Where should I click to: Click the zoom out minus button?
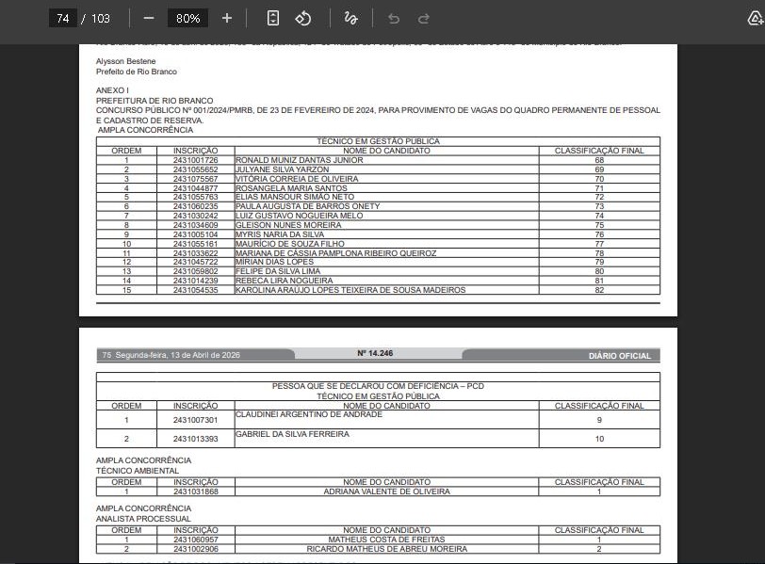[149, 18]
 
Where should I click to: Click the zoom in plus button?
[227, 18]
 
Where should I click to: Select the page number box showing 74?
[63, 18]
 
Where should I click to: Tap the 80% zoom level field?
[187, 18]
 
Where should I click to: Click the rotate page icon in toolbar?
[303, 18]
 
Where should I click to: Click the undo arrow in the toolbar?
[394, 18]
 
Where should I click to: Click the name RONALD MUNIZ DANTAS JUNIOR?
[299, 160]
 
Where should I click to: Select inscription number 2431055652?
[195, 169]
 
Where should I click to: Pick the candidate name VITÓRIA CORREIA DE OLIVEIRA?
[297, 179]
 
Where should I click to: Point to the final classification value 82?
[599, 290]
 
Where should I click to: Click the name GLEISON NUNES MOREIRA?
[287, 225]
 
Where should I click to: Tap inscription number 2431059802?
[195, 271]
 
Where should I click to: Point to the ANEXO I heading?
[112, 90]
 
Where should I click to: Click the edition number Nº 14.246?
[375, 354]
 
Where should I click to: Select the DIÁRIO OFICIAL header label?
[619, 356]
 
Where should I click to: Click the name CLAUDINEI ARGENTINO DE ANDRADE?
[309, 414]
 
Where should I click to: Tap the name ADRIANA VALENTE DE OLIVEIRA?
[386, 491]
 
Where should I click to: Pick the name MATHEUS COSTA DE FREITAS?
[386, 540]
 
